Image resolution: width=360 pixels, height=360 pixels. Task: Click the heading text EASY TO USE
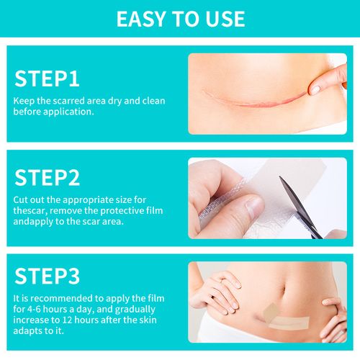(180, 18)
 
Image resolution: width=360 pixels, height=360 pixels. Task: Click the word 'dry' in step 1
(112, 102)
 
